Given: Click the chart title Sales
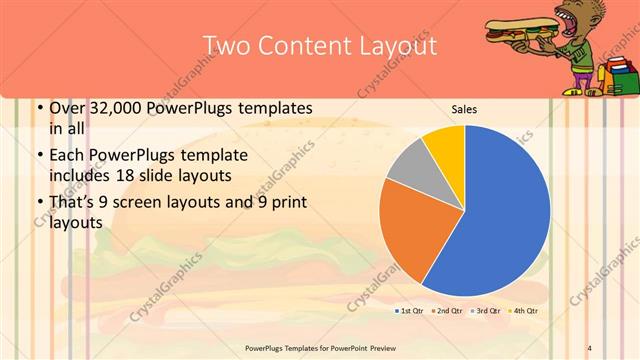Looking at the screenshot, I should pos(464,108).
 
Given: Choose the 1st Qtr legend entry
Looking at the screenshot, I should pos(410,312).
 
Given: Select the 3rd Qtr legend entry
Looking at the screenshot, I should pos(485,312).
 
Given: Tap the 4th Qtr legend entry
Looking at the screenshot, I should pos(522,312).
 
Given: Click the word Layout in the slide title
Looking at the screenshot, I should pos(391,46).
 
